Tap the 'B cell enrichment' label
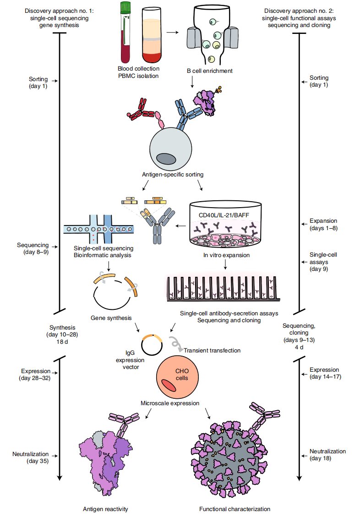point(210,71)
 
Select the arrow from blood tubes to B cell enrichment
point(172,33)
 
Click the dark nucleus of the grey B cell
point(166,159)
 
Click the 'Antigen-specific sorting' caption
point(173,175)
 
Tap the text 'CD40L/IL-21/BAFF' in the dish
point(224,215)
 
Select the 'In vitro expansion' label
point(226,255)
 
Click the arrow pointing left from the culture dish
point(180,226)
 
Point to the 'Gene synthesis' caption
point(111,318)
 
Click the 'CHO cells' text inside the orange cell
point(182,374)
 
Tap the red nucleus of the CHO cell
point(169,385)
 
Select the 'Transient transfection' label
point(212,351)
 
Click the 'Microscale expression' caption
point(170,403)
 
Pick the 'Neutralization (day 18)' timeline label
point(327,455)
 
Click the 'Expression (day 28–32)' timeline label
point(35,374)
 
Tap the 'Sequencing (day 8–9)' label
point(33,248)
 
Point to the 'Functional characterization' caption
point(235,509)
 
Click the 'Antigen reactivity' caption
point(105,509)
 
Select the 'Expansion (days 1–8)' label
point(323,225)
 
